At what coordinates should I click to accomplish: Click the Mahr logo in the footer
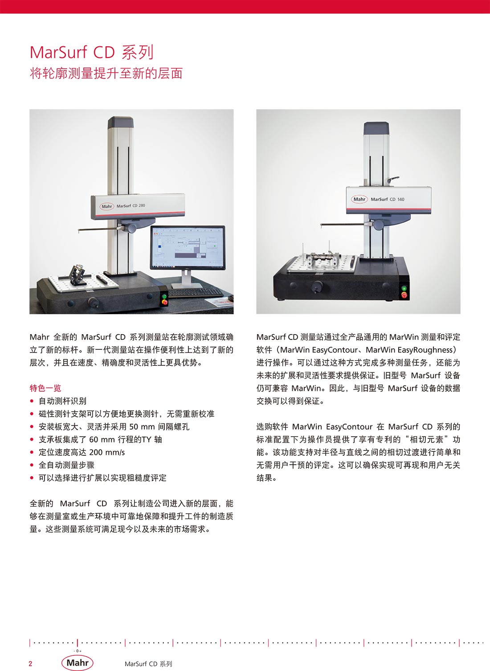pyautogui.click(x=77, y=663)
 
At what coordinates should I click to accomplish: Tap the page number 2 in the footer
pyautogui.click(x=30, y=663)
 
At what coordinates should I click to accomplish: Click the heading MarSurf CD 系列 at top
pyautogui.click(x=92, y=52)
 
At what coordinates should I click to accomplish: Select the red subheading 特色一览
pyautogui.click(x=45, y=388)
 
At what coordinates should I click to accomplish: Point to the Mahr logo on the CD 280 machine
pyautogui.click(x=106, y=206)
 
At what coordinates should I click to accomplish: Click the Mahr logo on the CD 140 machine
pyautogui.click(x=359, y=199)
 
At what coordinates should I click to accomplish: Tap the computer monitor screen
pyautogui.click(x=188, y=247)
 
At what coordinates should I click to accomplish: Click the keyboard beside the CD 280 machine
pyautogui.click(x=196, y=292)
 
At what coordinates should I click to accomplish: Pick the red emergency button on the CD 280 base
pyautogui.click(x=164, y=302)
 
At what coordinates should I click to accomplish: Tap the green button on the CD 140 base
pyautogui.click(x=404, y=288)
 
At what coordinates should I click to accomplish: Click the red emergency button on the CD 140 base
pyautogui.click(x=404, y=296)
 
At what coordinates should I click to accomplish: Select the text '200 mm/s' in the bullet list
pyautogui.click(x=107, y=452)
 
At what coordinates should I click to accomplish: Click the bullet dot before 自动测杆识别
pyautogui.click(x=32, y=401)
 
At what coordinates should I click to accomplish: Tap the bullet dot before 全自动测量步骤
pyautogui.click(x=32, y=465)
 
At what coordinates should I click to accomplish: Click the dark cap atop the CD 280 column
pyautogui.click(x=120, y=122)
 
